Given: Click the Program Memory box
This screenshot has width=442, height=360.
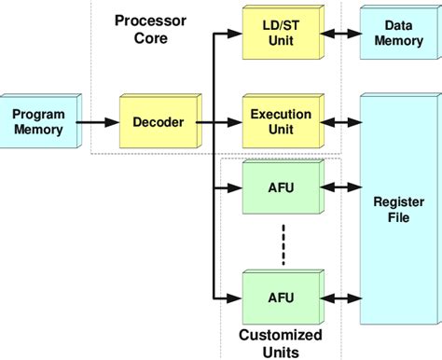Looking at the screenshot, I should [39, 122].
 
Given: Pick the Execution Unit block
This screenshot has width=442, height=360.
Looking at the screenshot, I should [281, 122].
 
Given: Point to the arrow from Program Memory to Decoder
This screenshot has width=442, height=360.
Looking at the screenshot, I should [98, 122].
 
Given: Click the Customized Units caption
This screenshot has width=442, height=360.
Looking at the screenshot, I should [281, 342].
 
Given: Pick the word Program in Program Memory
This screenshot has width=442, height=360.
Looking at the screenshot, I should [38, 114].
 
